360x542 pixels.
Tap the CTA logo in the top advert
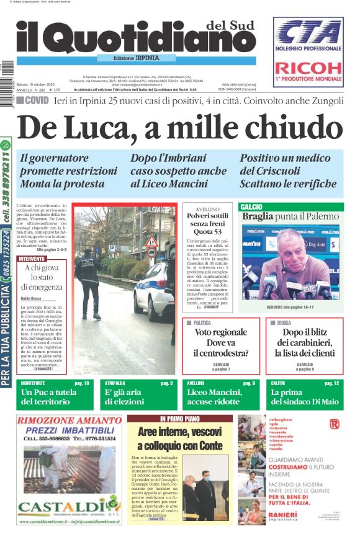(x=308, y=32)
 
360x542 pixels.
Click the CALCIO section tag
(x=251, y=207)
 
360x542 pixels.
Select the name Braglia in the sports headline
(x=258, y=216)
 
